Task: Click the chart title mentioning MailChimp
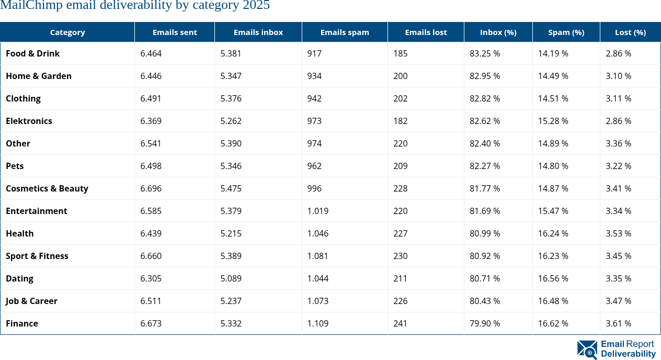(x=135, y=6)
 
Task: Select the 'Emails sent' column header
(x=175, y=32)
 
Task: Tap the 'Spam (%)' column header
(x=566, y=32)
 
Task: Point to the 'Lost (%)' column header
(x=630, y=32)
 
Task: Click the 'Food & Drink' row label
(x=32, y=53)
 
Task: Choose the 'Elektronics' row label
(x=29, y=121)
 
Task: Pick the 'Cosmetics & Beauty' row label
(x=47, y=188)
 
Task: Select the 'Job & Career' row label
(x=31, y=301)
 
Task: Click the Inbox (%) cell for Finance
(x=485, y=323)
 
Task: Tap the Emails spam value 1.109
(x=318, y=323)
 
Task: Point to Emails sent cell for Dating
(x=151, y=278)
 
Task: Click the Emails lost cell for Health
(x=401, y=233)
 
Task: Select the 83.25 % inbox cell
(x=485, y=53)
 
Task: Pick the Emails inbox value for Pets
(x=231, y=166)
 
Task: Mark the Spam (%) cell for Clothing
(x=553, y=98)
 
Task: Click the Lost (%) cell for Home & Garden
(x=619, y=76)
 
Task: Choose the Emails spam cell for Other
(x=315, y=143)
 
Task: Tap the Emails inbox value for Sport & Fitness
(x=231, y=256)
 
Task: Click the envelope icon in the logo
(x=587, y=350)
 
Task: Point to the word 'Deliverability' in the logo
(x=628, y=354)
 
